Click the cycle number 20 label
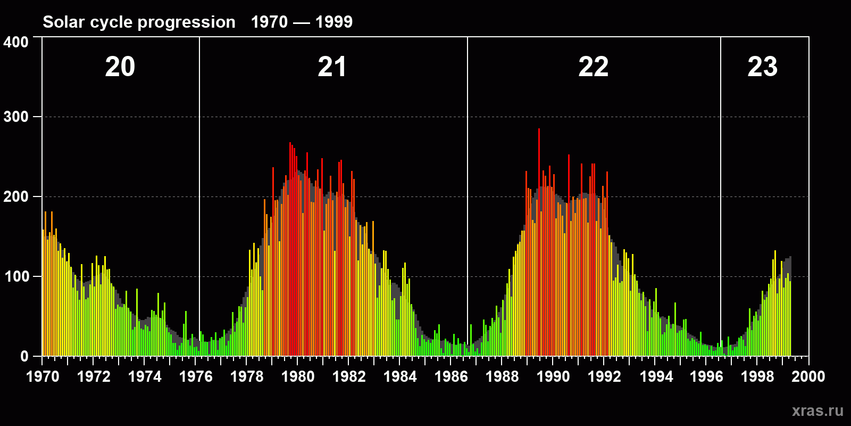click(x=120, y=67)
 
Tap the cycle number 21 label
click(x=332, y=67)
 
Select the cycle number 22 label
click(x=593, y=67)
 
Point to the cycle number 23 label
click(x=762, y=67)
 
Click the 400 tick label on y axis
click(x=16, y=42)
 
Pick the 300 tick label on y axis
click(x=16, y=117)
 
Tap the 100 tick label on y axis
click(x=16, y=276)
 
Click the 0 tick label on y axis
click(x=24, y=356)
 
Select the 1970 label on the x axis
click(x=43, y=376)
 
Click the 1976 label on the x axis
click(x=196, y=376)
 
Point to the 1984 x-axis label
click(x=400, y=376)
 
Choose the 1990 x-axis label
click(x=553, y=376)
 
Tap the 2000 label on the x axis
click(x=808, y=376)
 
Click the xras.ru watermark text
click(x=817, y=411)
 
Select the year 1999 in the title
click(x=334, y=22)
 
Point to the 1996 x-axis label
click(x=706, y=376)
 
